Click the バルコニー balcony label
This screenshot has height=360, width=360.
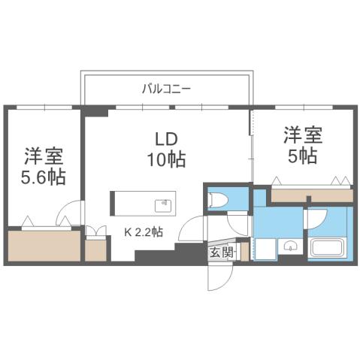[x=166, y=89]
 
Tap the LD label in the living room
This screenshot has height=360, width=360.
[x=166, y=139]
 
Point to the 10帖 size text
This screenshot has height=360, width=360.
[x=166, y=159]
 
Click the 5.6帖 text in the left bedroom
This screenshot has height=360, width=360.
[x=43, y=178]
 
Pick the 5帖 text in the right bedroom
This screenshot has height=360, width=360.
[x=302, y=157]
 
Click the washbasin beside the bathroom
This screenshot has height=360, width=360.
[x=291, y=248]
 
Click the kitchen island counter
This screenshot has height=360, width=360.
[x=143, y=203]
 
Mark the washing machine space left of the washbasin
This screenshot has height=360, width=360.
[x=264, y=248]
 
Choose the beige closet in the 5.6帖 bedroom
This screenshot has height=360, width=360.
[x=44, y=246]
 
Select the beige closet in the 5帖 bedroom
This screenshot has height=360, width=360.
[x=311, y=195]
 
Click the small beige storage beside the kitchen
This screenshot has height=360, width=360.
[x=95, y=250]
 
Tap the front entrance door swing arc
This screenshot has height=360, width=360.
[x=217, y=279]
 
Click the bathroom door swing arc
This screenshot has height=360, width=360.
[x=315, y=218]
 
